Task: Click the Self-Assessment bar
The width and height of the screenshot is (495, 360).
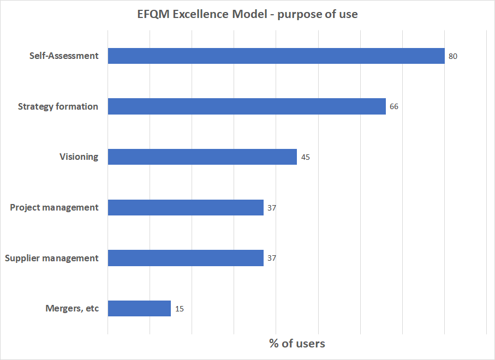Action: (x=276, y=56)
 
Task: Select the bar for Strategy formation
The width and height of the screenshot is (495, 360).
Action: (x=247, y=106)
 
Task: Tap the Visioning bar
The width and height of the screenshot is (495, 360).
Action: (x=202, y=157)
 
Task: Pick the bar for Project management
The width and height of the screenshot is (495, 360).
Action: (x=186, y=207)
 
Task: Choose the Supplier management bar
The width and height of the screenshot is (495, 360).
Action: (x=186, y=258)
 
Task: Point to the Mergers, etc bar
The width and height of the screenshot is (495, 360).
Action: (x=139, y=309)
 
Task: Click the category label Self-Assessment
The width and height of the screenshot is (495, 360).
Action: (x=64, y=56)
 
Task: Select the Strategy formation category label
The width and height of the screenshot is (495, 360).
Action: (x=58, y=106)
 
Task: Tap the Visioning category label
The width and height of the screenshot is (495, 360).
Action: (x=79, y=157)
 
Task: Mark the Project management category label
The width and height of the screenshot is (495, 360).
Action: (x=54, y=207)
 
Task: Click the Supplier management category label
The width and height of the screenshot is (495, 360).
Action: (x=52, y=258)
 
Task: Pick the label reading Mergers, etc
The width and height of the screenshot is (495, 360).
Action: (x=72, y=309)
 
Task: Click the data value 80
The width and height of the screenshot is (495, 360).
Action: (x=452, y=56)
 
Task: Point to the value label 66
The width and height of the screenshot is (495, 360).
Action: (x=393, y=107)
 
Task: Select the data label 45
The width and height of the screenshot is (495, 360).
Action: (x=305, y=157)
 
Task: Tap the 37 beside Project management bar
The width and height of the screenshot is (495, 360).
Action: (x=272, y=208)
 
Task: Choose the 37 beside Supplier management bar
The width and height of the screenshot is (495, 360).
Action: (x=272, y=258)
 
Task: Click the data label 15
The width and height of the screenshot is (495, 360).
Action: (x=180, y=309)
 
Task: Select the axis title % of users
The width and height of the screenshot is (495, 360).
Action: (x=297, y=344)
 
